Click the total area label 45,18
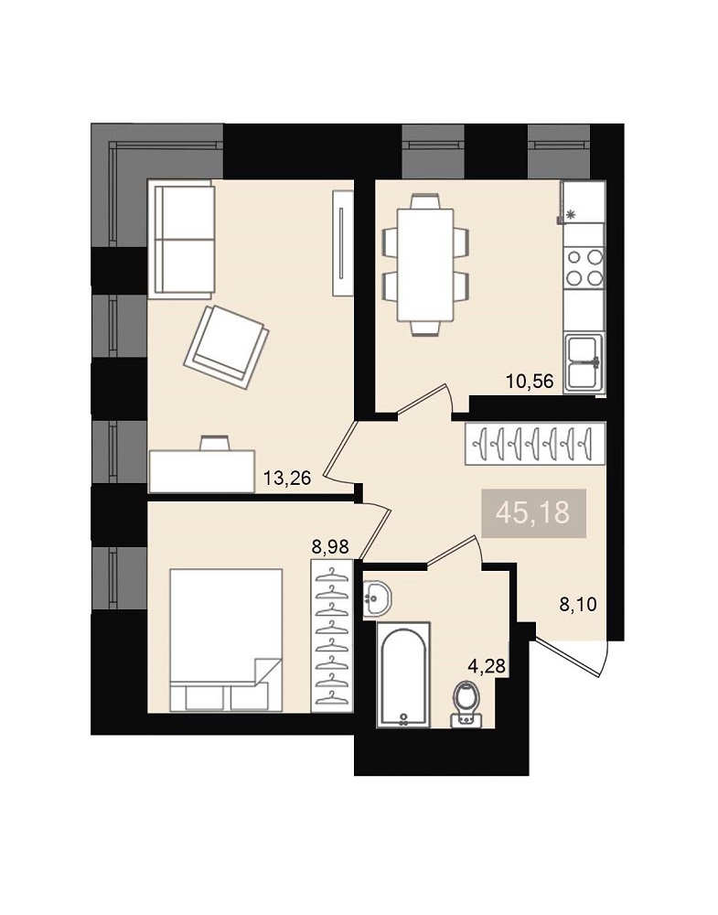point(532,513)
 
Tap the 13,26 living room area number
point(287,479)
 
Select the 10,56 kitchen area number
point(529,382)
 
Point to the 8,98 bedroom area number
point(330,547)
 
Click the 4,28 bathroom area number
point(487,665)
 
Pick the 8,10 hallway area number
point(578,604)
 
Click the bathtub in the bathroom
point(403,674)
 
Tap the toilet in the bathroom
point(466,705)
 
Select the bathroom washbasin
point(377,598)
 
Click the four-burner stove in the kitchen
point(584,268)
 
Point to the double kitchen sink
point(584,363)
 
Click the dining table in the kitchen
point(425,265)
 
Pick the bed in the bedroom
point(226,640)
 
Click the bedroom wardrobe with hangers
point(332,636)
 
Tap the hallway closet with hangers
point(535,444)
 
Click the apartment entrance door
point(572,658)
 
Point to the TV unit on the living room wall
point(342,243)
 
